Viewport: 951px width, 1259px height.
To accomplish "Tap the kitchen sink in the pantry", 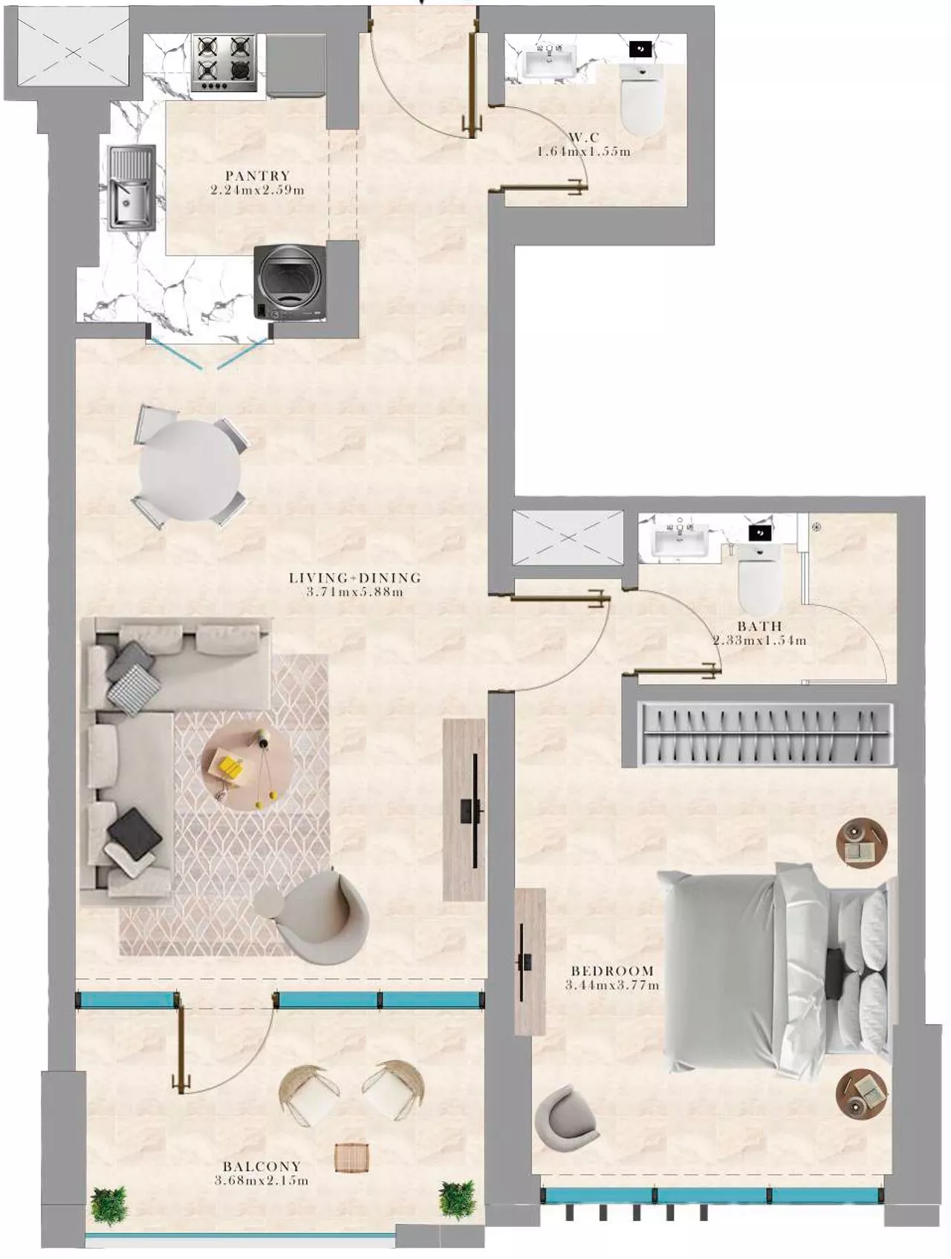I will (131, 187).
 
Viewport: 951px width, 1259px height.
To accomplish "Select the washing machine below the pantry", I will (290, 282).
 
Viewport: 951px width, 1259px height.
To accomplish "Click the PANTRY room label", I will (257, 175).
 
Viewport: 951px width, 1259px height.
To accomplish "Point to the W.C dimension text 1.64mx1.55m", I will (583, 152).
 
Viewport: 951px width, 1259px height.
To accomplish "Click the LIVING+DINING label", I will (354, 577).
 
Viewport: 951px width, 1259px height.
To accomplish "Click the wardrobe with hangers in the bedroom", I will (765, 734).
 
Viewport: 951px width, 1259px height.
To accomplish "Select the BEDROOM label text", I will (612, 971).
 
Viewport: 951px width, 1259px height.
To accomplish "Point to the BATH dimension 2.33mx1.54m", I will (759, 641).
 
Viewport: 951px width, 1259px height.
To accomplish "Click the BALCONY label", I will (261, 1166).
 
